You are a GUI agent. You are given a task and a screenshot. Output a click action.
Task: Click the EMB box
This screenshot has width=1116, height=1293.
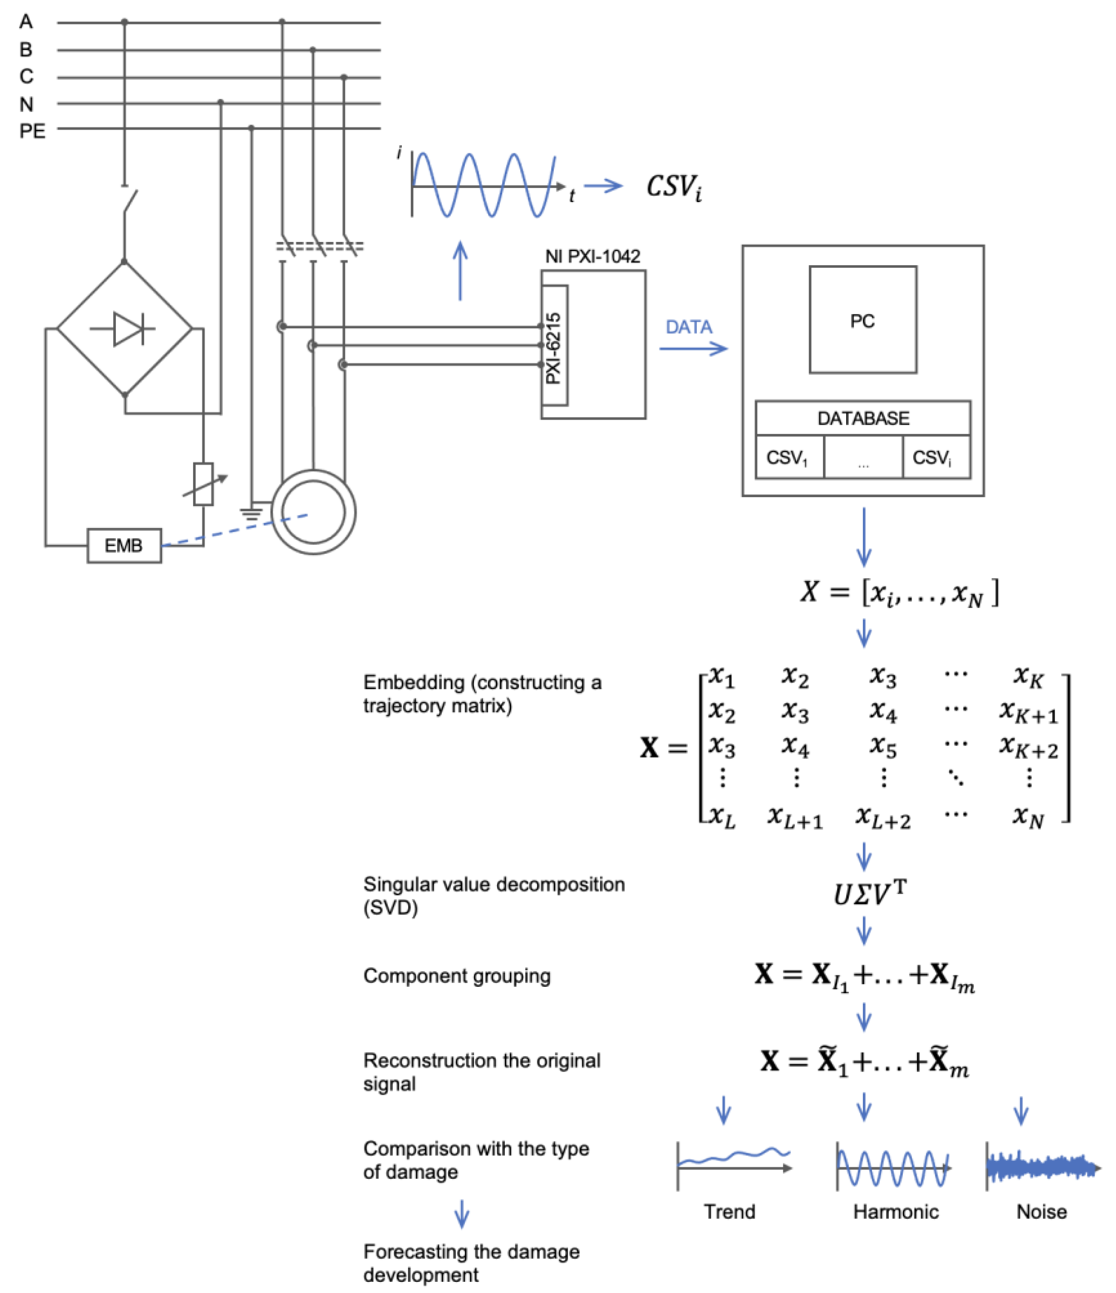124,546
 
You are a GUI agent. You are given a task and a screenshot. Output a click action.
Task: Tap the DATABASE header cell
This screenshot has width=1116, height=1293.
862,418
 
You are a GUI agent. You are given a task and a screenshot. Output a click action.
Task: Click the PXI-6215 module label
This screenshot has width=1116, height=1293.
553,347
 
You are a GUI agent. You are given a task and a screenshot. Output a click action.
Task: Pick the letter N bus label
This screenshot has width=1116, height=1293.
26,104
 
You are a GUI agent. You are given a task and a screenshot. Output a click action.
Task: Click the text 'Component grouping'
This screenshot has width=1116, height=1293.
457,976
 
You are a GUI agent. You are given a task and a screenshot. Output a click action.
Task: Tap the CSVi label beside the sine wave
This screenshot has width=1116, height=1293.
674,187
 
